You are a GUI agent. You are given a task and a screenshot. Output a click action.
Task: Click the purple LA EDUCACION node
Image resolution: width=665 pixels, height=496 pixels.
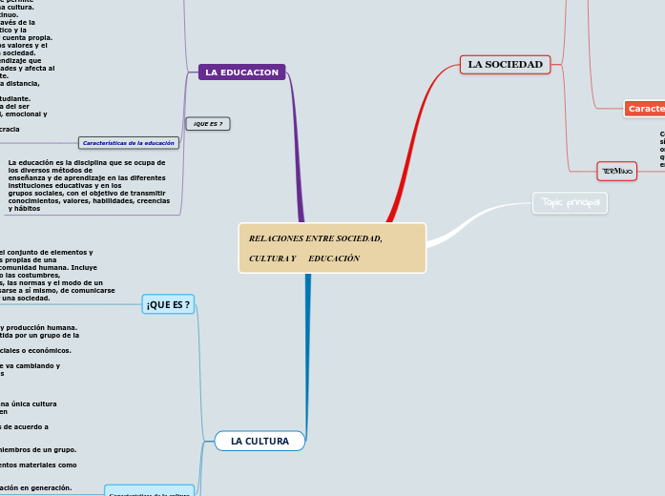[241, 72]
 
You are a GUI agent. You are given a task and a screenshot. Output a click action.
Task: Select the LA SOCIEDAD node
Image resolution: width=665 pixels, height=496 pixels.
[505, 65]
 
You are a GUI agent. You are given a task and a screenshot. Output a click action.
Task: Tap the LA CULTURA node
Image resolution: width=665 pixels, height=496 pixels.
[260, 441]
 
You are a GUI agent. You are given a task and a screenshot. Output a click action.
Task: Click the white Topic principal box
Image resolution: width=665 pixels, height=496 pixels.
[569, 203]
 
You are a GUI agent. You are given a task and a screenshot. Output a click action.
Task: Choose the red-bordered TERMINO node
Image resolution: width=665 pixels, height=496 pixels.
[616, 171]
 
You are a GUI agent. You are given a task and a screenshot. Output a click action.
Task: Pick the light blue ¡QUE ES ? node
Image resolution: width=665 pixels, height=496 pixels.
[168, 304]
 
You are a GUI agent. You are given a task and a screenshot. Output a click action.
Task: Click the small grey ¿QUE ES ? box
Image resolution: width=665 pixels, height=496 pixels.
[208, 124]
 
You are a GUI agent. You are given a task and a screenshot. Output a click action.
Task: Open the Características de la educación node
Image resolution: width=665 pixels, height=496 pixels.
[129, 143]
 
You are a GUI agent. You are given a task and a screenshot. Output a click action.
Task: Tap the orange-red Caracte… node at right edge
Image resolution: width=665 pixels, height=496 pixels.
[645, 109]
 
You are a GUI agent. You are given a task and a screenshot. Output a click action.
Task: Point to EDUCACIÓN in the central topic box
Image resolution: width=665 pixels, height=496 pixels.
[334, 259]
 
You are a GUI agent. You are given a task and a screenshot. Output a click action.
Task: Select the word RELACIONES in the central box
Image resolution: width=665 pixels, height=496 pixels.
[276, 238]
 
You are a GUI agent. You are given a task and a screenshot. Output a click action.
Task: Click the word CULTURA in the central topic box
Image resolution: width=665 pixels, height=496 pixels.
[267, 259]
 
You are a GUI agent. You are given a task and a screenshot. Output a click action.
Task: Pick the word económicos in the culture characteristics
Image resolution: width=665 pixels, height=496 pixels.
[52, 350]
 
